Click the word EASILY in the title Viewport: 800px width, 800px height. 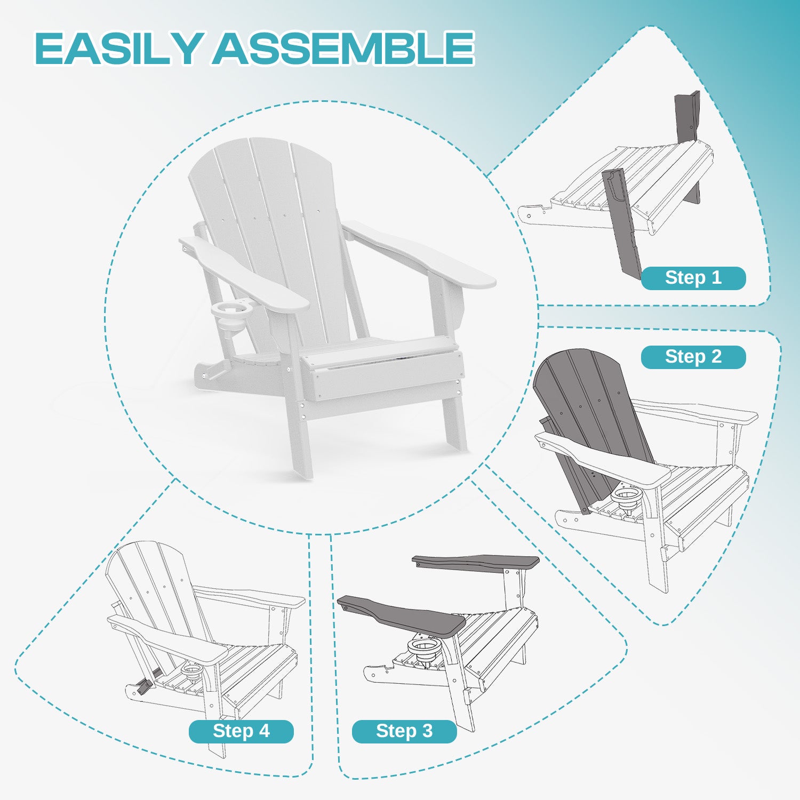(x=119, y=49)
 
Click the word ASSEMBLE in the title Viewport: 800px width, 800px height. (x=344, y=49)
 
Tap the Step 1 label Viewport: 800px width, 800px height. (x=693, y=278)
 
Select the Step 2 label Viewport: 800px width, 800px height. (x=693, y=357)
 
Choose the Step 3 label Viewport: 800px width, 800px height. (x=404, y=731)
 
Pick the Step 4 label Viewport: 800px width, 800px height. (x=241, y=731)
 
